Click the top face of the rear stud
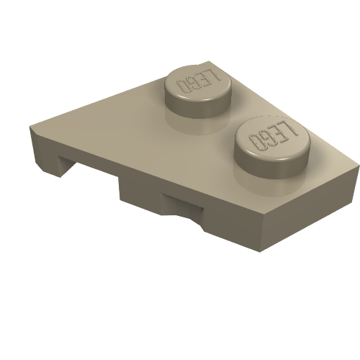198,83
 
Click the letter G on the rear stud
192,83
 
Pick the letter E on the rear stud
204,78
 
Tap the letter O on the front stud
256,141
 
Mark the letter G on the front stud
267,139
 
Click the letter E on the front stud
279,134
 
